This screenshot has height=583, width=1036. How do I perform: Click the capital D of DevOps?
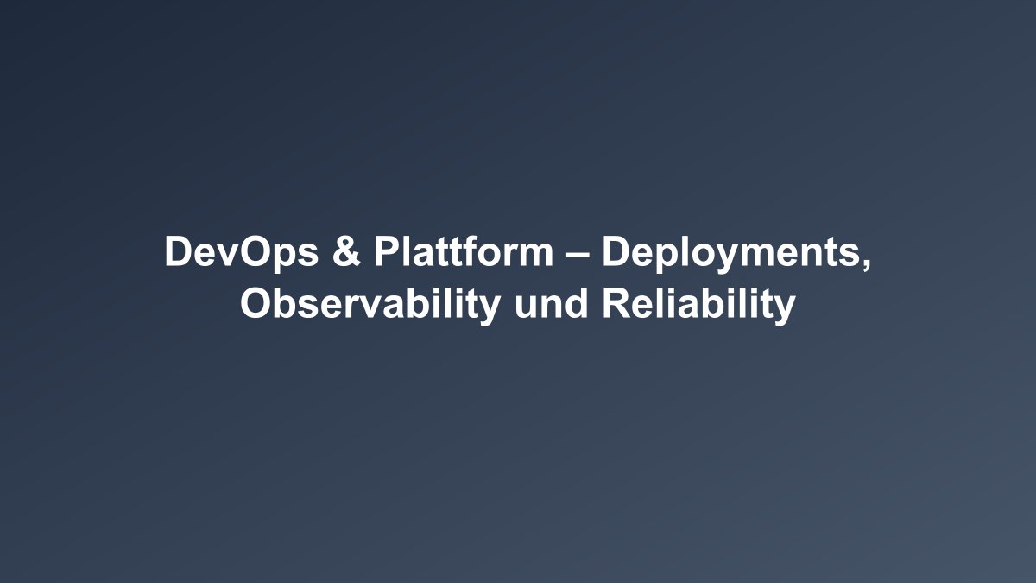click(176, 252)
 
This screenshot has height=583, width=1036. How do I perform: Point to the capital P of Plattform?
click(384, 252)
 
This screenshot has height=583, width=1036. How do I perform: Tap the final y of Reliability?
click(785, 309)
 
